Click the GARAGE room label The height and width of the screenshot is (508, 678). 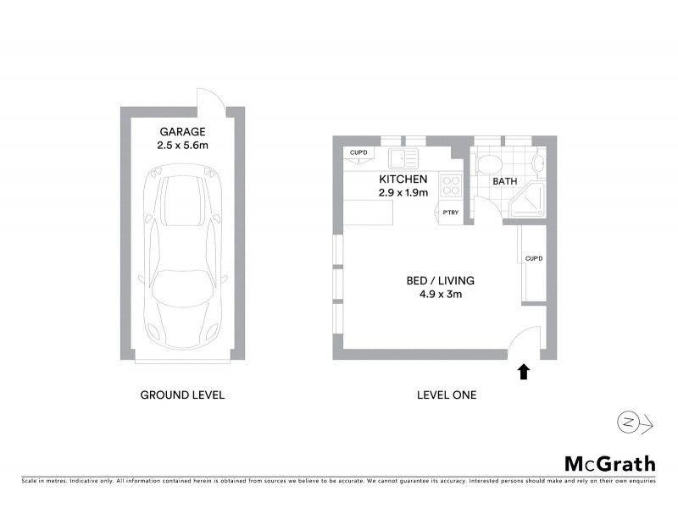pyautogui.click(x=182, y=132)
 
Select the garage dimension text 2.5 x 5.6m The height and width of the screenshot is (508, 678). pyautogui.click(x=182, y=146)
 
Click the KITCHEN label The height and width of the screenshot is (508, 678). pyautogui.click(x=403, y=179)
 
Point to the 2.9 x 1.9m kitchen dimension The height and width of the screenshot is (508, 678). pyautogui.click(x=403, y=193)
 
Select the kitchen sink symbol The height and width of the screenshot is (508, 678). pyautogui.click(x=402, y=157)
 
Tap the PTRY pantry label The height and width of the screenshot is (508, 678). pyautogui.click(x=450, y=213)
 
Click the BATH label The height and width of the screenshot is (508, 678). pyautogui.click(x=506, y=181)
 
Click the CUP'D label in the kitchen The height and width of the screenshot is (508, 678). pyautogui.click(x=358, y=152)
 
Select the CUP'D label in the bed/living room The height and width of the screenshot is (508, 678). pyautogui.click(x=533, y=258)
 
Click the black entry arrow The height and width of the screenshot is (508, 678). pyautogui.click(x=524, y=372)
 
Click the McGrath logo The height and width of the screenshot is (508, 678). pyautogui.click(x=609, y=463)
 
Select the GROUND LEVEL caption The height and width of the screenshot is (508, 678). pyautogui.click(x=182, y=395)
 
